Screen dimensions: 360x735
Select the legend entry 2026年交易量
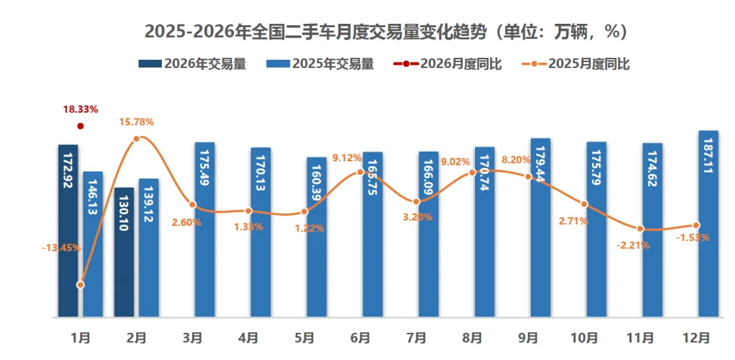point(192,64)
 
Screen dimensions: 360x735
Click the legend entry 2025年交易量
point(320,64)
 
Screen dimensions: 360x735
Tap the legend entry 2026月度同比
point(448,64)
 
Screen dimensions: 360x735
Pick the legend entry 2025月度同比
point(576,64)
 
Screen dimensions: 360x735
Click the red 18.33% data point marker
point(80,126)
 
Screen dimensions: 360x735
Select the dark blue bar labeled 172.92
point(68,231)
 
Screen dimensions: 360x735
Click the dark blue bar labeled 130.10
point(124,252)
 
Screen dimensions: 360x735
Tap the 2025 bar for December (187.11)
point(708,225)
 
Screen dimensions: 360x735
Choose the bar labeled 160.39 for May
point(316,238)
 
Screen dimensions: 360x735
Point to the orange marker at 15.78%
point(136,138)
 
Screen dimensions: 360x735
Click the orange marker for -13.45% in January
point(80,284)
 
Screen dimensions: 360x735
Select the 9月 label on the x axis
point(527,337)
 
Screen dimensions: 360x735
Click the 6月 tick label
point(360,337)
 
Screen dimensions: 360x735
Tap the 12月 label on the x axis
point(696,337)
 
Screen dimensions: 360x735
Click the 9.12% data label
point(347,158)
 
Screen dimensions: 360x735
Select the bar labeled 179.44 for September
point(540,228)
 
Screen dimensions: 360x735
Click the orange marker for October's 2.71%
point(584,204)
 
